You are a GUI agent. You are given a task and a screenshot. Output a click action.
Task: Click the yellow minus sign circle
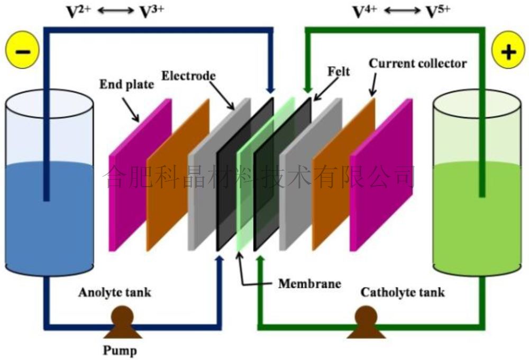22,52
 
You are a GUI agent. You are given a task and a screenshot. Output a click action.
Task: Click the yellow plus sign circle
507,52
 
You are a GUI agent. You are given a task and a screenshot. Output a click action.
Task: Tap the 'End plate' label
126,85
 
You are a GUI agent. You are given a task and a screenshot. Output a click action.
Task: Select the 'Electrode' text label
189,76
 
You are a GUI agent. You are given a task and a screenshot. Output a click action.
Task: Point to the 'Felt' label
339,71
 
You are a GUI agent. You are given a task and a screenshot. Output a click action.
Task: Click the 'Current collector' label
418,64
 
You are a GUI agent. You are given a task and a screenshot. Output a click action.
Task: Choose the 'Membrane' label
309,283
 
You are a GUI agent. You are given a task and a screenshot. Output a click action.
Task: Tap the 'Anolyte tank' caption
115,292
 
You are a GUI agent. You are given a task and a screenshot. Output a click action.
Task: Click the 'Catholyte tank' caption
403,292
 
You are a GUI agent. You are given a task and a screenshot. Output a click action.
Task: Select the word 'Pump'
120,350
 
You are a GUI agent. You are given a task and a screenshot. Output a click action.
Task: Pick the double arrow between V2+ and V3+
115,12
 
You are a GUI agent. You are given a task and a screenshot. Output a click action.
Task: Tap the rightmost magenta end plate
381,174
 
